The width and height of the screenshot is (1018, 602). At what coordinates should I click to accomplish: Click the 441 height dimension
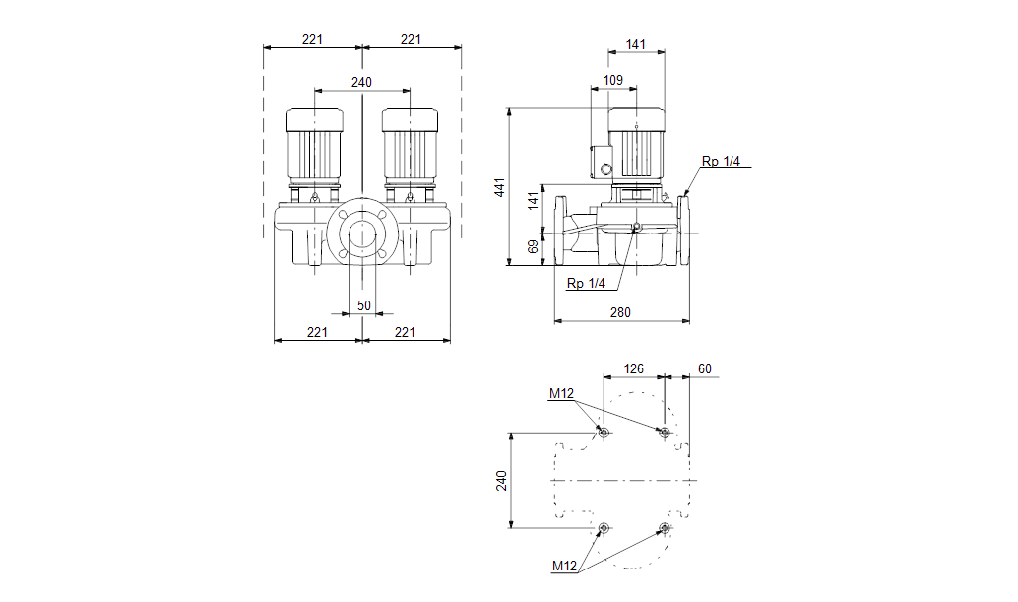point(499,187)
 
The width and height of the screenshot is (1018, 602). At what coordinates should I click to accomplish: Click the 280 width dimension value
point(620,312)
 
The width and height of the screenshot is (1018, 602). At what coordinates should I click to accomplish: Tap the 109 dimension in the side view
point(612,79)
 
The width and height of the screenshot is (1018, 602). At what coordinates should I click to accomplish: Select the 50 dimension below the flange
point(364,305)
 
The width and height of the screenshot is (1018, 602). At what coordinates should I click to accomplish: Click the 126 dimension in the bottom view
point(634,368)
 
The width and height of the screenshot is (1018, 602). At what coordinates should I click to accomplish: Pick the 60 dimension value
point(704,368)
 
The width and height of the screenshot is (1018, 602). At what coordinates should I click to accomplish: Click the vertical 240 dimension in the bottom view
point(501,481)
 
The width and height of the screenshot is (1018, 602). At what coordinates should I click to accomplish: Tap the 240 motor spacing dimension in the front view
point(361,82)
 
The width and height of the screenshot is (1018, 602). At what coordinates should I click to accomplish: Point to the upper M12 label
point(561,394)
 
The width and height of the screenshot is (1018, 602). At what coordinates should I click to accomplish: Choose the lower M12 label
point(563,566)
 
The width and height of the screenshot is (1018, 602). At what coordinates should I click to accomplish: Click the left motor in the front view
point(314,148)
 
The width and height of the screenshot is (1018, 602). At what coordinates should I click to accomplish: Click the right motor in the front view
point(410,148)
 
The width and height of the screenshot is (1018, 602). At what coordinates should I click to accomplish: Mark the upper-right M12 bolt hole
point(665,433)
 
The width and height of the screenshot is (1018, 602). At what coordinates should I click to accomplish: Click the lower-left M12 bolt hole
point(604,528)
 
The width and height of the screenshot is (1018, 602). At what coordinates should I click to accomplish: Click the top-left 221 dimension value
point(313,39)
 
